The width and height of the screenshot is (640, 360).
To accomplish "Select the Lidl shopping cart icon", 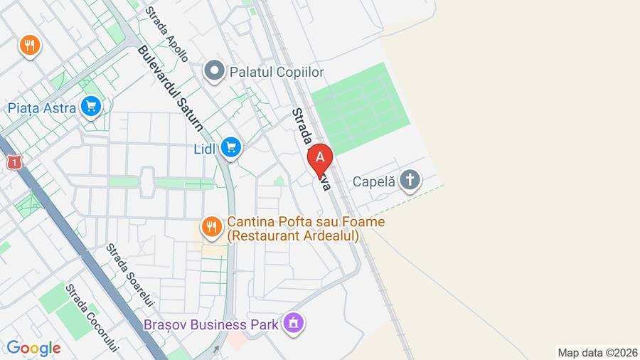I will click(230, 148).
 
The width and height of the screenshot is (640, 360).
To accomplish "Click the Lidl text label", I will click(206, 149).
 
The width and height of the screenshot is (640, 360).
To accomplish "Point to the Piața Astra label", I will click(41, 108).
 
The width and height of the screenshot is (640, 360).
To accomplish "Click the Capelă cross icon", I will click(409, 181).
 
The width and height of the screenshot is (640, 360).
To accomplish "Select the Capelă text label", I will click(374, 181).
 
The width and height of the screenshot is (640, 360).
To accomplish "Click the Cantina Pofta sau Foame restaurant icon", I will click(210, 228).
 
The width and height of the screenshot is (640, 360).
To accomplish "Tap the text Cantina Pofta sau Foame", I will click(306, 222).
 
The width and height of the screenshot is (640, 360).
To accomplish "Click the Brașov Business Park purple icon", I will click(293, 324).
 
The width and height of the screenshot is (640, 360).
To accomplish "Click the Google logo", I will click(33, 349).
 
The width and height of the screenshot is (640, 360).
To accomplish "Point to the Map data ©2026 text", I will click(597, 352).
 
